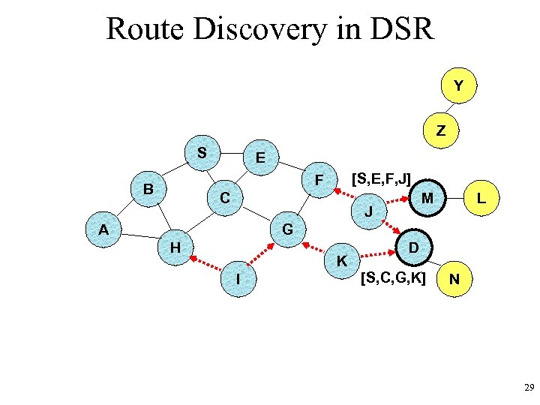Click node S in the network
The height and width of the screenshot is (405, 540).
pyautogui.click(x=202, y=153)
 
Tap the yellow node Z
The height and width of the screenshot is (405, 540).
pyautogui.click(x=440, y=130)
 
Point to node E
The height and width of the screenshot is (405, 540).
pyautogui.click(x=259, y=158)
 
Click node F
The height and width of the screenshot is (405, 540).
pyautogui.click(x=318, y=181)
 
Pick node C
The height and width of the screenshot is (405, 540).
pyautogui.click(x=224, y=199)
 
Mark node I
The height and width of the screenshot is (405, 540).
pyautogui.click(x=238, y=279)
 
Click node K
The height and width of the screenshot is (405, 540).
pyautogui.click(x=341, y=261)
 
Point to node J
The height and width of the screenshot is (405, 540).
pyautogui.click(x=368, y=212)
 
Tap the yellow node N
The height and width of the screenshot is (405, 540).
pyautogui.click(x=455, y=280)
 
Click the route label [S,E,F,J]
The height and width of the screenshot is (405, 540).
pyautogui.click(x=381, y=179)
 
